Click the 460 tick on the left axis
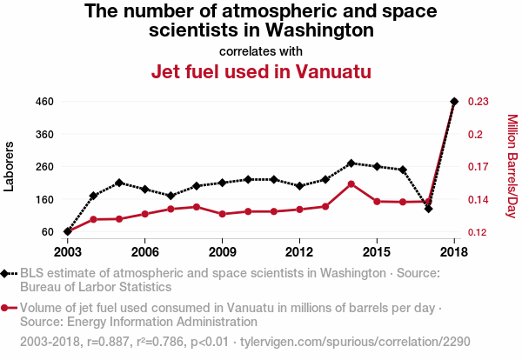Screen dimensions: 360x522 (45, 102)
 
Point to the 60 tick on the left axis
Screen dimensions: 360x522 (48, 232)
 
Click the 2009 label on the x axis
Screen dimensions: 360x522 (223, 251)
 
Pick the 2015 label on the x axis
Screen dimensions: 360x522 (376, 251)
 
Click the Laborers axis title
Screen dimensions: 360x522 (10, 166)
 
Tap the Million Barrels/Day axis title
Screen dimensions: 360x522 (512, 166)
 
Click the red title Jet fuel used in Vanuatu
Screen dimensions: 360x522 (262, 71)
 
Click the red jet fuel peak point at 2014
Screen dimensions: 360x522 (351, 183)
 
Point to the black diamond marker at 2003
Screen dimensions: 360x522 (68, 231)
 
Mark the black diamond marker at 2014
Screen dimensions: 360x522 (351, 163)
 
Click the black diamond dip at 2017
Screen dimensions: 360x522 (428, 209)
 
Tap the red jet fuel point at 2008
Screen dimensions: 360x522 (197, 207)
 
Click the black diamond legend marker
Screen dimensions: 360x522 (8, 273)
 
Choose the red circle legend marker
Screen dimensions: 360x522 (8, 308)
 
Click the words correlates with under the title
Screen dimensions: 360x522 (261, 50)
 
